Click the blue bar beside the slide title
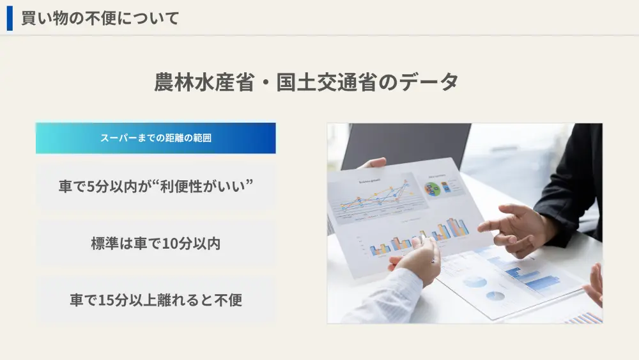click(x=10, y=18)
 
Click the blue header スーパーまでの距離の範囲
click(x=156, y=138)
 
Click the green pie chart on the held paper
click(x=434, y=189)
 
